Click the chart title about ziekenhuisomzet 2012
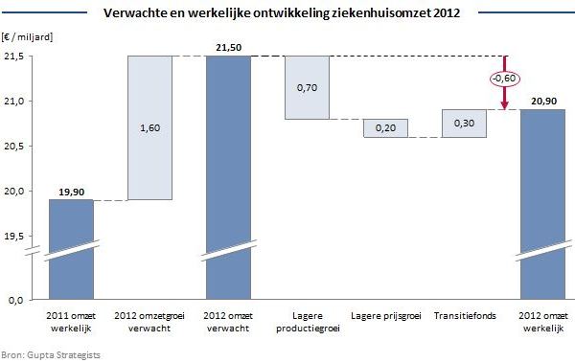pos(287,13)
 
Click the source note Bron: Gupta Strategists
pos(51,354)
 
